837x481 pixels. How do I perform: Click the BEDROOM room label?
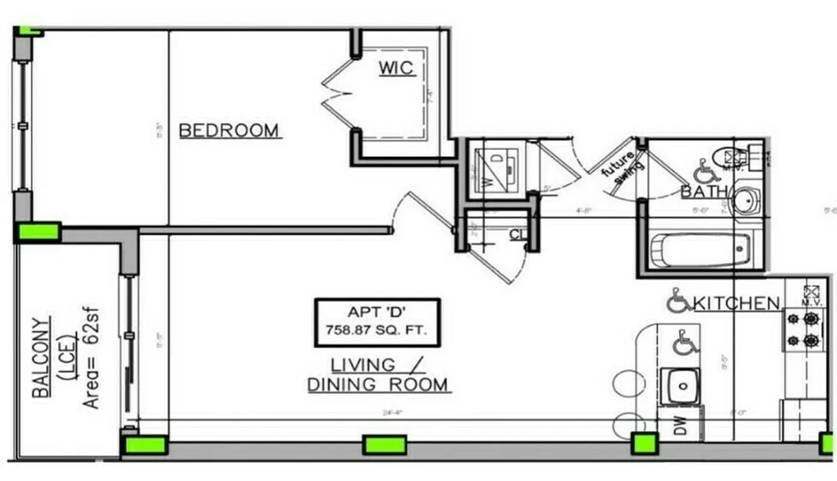coord(229,130)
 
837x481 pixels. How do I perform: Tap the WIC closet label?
coord(396,68)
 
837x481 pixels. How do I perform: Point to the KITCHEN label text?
coord(737,303)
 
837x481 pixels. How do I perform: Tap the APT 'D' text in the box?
coord(378,312)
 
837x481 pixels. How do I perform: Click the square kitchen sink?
coord(680,386)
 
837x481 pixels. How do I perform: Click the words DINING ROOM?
coord(378,385)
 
